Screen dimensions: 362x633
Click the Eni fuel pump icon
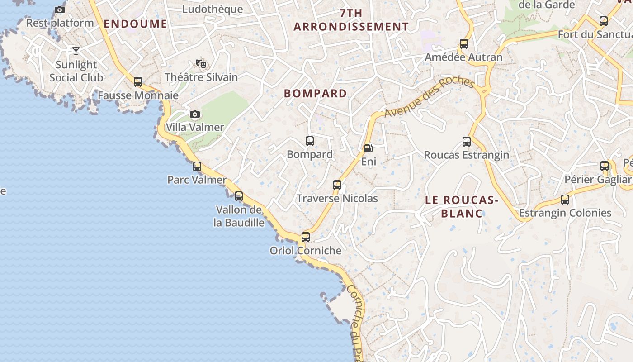click(368, 148)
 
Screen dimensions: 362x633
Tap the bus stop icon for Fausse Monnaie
click(138, 82)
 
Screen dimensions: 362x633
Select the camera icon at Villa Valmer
click(195, 114)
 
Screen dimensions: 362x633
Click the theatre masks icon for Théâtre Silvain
click(201, 64)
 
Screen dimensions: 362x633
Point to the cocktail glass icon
click(76, 51)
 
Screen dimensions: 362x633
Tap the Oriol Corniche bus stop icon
click(306, 237)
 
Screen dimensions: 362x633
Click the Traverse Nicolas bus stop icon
click(337, 185)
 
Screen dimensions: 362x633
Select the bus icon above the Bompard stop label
click(310, 141)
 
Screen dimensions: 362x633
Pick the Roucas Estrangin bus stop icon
click(467, 142)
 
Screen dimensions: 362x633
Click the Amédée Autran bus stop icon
click(464, 44)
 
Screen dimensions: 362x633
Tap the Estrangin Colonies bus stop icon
click(565, 199)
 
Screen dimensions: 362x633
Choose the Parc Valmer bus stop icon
click(197, 166)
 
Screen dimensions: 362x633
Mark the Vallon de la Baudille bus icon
click(239, 196)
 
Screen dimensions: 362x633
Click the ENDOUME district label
click(136, 24)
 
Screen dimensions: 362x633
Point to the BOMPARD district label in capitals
click(316, 94)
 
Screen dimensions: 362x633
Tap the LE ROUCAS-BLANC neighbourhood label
click(462, 206)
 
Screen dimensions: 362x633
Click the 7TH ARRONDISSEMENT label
click(351, 20)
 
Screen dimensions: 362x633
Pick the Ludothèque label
click(213, 9)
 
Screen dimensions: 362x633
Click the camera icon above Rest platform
click(60, 10)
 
